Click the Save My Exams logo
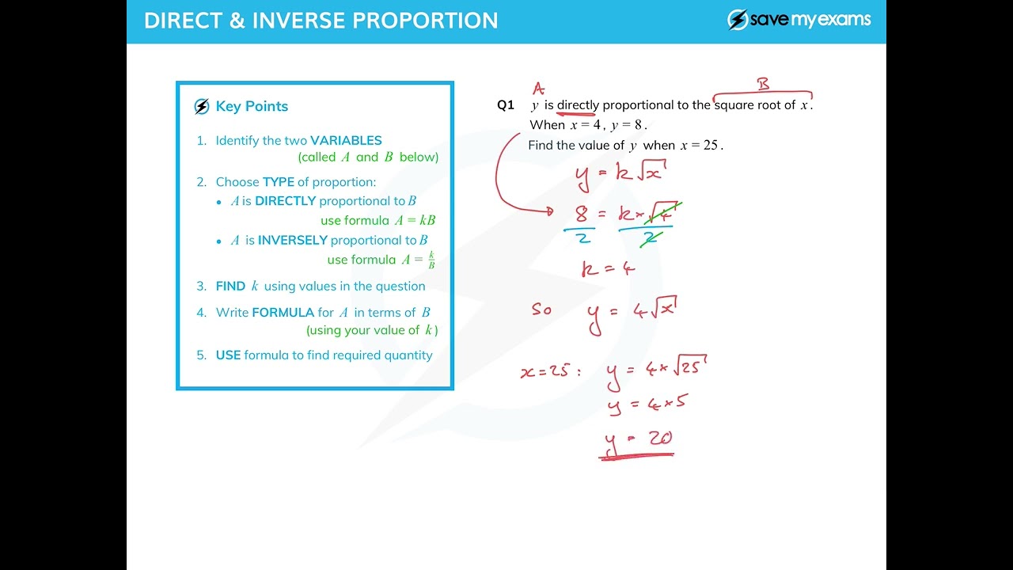pyautogui.click(x=799, y=20)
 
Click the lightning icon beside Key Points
pyautogui.click(x=202, y=107)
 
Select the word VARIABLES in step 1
pyautogui.click(x=346, y=140)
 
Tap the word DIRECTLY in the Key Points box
pyautogui.click(x=285, y=201)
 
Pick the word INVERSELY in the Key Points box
pyautogui.click(x=292, y=240)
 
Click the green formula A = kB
pyautogui.click(x=415, y=221)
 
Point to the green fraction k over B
pyautogui.click(x=431, y=260)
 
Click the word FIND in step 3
pyautogui.click(x=230, y=286)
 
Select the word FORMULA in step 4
pyautogui.click(x=283, y=312)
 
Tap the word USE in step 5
pyautogui.click(x=228, y=355)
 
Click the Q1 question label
pyautogui.click(x=506, y=105)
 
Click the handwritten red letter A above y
pyautogui.click(x=538, y=88)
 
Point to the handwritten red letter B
pyautogui.click(x=763, y=83)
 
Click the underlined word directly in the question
pyautogui.click(x=578, y=105)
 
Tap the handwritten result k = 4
pyautogui.click(x=608, y=269)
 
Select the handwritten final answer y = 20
pyautogui.click(x=638, y=439)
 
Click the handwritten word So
pyautogui.click(x=541, y=310)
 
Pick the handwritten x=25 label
pyautogui.click(x=548, y=370)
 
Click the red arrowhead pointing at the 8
pyautogui.click(x=548, y=211)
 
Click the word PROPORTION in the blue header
pyautogui.click(x=423, y=21)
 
